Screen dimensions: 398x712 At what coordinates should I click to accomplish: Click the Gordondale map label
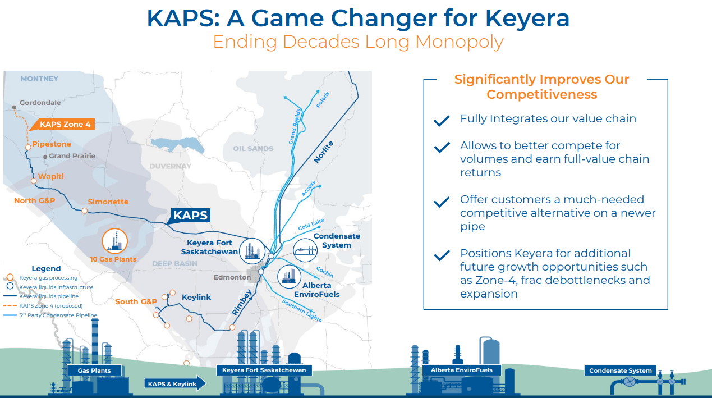pos(40,103)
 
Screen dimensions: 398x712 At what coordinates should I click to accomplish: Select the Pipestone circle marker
pos(28,147)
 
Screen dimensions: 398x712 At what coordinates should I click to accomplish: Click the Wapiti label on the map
pos(50,176)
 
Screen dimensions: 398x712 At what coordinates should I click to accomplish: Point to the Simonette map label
pos(108,202)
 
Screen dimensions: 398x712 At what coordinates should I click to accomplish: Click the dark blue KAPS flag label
pos(190,215)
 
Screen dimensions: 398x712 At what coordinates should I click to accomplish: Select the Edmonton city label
pos(232,277)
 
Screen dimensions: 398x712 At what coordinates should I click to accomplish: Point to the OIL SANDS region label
pos(253,148)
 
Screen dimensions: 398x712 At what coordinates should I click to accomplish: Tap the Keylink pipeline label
pos(196,297)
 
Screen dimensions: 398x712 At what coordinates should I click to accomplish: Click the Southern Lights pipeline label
pos(302,312)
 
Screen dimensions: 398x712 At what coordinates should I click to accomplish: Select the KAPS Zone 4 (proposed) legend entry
pos(50,306)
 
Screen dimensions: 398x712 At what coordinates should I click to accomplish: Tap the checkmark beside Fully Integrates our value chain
pos(442,120)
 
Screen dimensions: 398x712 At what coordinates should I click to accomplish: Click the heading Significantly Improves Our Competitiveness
pos(541,87)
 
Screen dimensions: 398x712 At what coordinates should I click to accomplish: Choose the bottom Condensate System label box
pos(620,370)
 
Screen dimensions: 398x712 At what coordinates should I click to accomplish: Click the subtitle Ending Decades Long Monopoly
pos(358,42)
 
